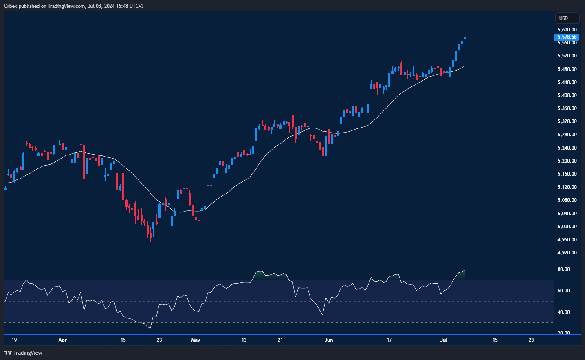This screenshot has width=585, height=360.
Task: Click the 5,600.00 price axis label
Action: click(567, 30)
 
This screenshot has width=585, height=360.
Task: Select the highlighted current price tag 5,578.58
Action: click(567, 37)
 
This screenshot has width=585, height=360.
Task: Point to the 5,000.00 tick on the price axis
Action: click(567, 227)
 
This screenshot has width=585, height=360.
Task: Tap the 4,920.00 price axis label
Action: click(567, 253)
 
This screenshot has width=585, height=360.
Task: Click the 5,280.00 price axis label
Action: click(567, 135)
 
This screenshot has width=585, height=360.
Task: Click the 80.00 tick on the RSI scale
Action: click(564, 269)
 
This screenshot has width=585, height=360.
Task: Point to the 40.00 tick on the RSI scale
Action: click(564, 312)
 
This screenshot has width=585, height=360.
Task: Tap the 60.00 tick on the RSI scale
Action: click(564, 291)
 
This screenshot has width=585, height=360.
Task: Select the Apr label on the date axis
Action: click(62, 340)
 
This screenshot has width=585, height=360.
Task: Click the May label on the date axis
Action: click(196, 340)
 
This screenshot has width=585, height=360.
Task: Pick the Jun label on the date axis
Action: click(329, 340)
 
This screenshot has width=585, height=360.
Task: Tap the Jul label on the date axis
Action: click(444, 340)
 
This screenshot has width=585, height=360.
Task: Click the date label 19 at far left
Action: click(14, 340)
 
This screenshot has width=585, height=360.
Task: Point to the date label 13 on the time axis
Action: click(244, 340)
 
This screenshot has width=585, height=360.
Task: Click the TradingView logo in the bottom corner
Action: click(23, 353)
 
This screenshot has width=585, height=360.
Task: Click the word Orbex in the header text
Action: click(11, 6)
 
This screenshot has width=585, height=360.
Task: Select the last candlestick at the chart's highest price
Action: click(465, 38)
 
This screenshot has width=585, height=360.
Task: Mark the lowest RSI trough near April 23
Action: click(150, 328)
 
